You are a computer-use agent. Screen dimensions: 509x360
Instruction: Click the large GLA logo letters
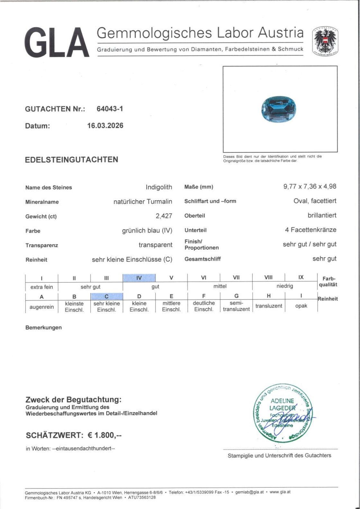coord(57,43)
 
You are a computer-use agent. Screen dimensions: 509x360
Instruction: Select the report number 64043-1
coord(110,109)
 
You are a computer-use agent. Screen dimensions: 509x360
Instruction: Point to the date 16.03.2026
coord(105,126)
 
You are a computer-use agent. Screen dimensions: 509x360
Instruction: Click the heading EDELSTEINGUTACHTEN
coord(72,160)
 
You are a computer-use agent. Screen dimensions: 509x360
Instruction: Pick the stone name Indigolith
coord(159,187)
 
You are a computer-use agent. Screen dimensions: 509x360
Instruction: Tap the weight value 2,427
coord(164,216)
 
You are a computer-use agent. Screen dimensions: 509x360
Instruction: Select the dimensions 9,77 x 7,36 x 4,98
coord(310,186)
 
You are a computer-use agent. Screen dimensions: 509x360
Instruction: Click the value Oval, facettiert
coord(315,201)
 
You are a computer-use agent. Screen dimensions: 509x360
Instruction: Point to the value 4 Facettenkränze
coord(310,230)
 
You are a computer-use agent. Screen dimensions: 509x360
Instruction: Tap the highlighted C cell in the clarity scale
coord(106,296)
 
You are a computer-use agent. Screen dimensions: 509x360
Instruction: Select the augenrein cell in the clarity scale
coord(42,307)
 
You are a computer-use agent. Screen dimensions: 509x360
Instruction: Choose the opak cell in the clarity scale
coord(301,306)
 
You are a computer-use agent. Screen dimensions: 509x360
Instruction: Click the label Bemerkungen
coord(43,328)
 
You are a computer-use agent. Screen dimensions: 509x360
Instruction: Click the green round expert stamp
coord(283,414)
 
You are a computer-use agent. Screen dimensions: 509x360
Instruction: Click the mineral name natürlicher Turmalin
coord(143,202)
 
